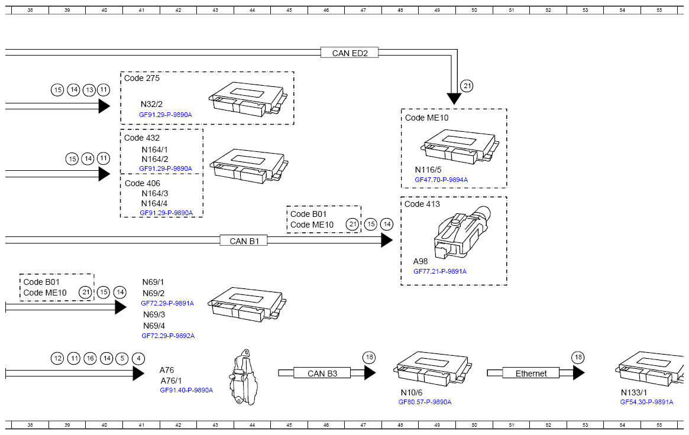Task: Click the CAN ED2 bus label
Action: click(350, 53)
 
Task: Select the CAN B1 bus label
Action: click(244, 241)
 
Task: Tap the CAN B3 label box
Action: click(322, 373)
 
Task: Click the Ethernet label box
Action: click(531, 373)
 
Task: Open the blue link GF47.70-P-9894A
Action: click(441, 180)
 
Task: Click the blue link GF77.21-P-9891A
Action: click(440, 271)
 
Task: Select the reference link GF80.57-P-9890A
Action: click(425, 402)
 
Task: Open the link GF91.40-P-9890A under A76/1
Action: click(186, 390)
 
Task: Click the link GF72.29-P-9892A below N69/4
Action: click(168, 336)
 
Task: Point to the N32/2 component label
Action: click(151, 104)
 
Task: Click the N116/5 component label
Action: click(428, 170)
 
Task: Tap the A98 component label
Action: click(420, 261)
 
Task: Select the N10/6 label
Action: click(412, 392)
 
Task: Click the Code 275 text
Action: click(141, 78)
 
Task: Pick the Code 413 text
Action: click(422, 204)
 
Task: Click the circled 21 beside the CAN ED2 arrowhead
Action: click(467, 86)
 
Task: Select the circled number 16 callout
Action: click(90, 359)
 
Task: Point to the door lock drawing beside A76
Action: click(244, 377)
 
